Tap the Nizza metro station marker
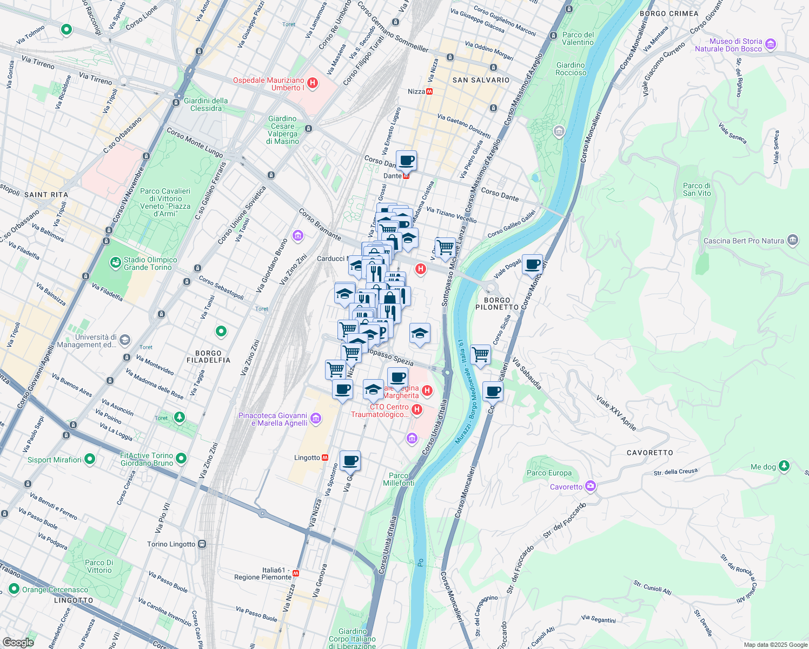click(429, 91)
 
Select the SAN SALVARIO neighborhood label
click(481, 80)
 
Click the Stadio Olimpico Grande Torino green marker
click(115, 263)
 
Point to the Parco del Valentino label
click(578, 38)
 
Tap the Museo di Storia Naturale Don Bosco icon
click(771, 44)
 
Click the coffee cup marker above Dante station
click(406, 161)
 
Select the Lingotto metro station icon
click(325, 458)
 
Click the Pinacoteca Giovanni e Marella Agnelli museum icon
click(316, 419)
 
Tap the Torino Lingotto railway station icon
click(202, 544)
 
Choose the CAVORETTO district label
click(650, 453)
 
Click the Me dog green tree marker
click(784, 466)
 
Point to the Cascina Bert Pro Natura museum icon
click(793, 241)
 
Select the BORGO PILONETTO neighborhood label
click(496, 303)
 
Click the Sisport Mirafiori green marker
click(90, 460)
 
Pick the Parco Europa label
click(549, 473)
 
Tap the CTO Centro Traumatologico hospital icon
click(416, 410)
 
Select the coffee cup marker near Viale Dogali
click(532, 264)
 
